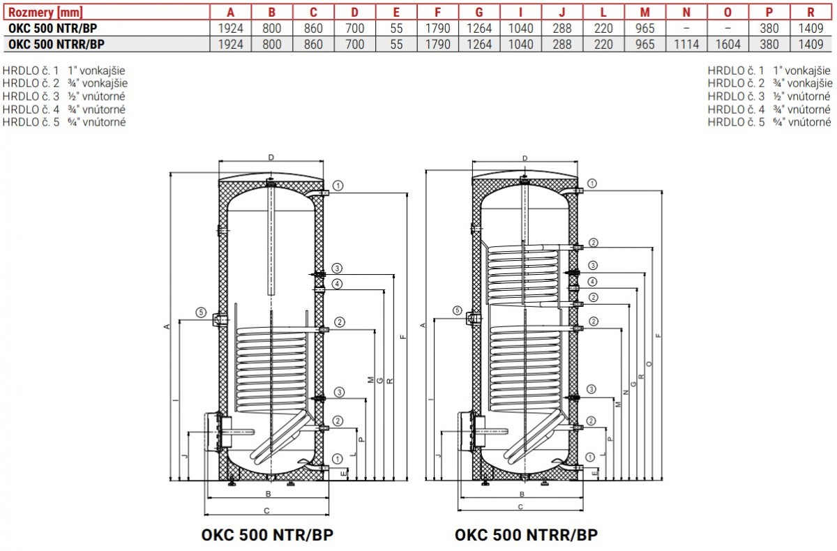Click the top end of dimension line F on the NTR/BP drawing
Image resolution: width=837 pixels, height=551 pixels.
(x=407, y=193)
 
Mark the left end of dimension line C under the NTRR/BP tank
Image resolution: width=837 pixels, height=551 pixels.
(x=458, y=511)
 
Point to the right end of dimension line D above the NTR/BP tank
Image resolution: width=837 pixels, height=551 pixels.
(x=323, y=161)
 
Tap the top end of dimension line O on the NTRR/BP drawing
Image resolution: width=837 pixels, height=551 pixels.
(x=653, y=248)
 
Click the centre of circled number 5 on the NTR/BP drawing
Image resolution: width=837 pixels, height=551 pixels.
(x=201, y=312)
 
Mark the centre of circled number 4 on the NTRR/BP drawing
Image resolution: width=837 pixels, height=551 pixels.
(x=592, y=282)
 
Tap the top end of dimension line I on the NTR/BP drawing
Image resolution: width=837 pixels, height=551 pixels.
(x=179, y=321)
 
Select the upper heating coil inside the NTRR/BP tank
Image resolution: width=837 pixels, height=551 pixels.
(x=524, y=275)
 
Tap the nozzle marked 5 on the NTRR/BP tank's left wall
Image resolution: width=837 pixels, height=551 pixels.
(x=473, y=319)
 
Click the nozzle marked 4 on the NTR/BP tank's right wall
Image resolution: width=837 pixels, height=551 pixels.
(x=319, y=290)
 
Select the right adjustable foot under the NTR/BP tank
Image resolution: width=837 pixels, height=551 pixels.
(x=291, y=483)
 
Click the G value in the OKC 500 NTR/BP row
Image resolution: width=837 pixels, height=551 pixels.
(x=479, y=29)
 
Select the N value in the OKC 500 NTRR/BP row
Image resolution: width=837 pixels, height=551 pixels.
(x=686, y=45)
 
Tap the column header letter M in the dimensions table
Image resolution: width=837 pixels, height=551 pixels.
(x=645, y=13)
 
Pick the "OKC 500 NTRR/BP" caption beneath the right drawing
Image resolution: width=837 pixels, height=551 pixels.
(x=526, y=535)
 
